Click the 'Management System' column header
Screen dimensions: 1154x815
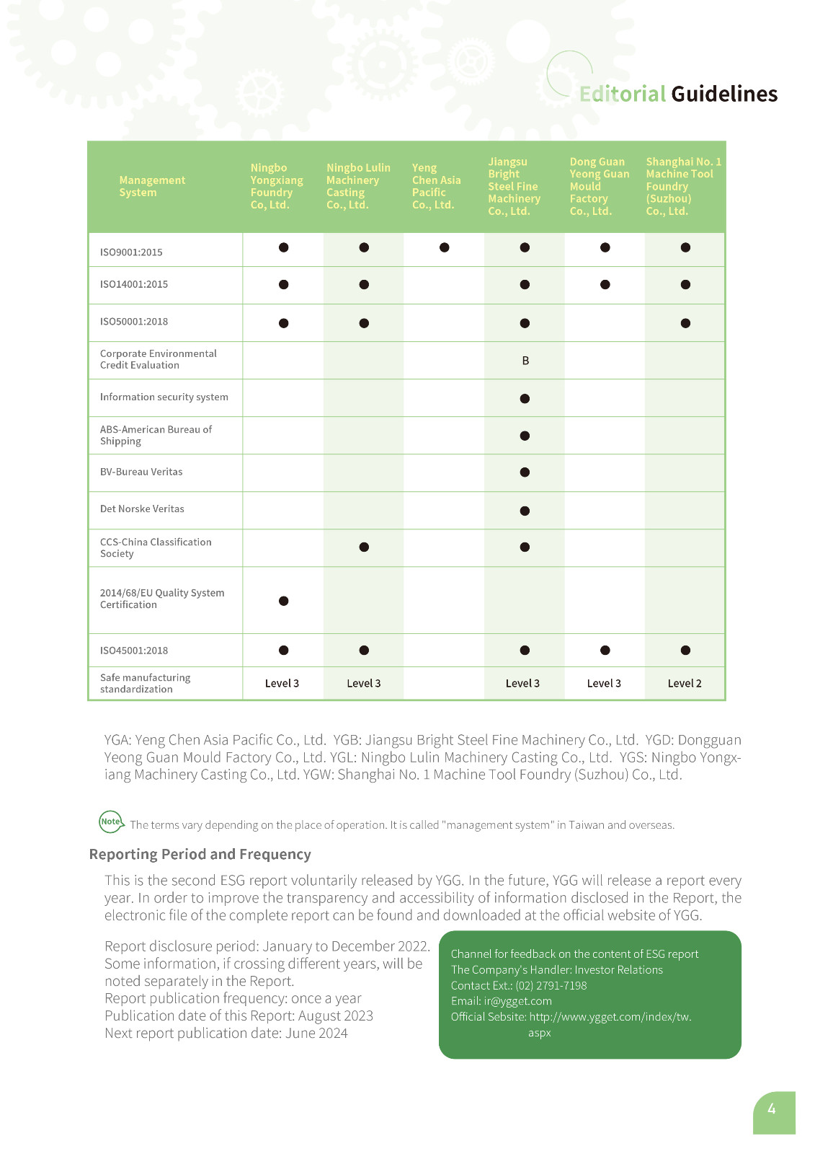(152, 186)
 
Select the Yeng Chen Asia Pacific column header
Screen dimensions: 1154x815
(436, 186)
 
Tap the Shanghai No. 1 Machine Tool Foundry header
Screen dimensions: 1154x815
(683, 186)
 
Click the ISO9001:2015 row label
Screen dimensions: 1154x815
(131, 252)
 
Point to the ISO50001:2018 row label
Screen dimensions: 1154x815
(134, 322)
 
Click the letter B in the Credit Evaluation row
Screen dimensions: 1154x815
(525, 361)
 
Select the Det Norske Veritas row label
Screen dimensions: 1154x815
(142, 509)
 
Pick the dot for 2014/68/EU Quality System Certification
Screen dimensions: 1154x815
(284, 601)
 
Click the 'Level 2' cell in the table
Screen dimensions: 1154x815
(685, 684)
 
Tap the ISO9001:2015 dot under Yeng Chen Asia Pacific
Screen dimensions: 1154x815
(445, 247)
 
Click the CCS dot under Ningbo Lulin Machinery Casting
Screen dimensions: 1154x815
(364, 547)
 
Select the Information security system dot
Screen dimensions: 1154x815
(525, 399)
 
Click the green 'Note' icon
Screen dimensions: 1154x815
(111, 822)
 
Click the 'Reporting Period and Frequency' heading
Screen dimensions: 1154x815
(200, 855)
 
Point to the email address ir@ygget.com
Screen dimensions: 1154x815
(517, 1001)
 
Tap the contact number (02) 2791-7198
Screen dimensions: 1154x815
(551, 985)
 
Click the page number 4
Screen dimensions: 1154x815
(772, 1109)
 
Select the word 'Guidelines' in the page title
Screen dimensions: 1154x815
(724, 94)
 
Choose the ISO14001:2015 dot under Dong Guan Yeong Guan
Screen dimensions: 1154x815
(605, 285)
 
